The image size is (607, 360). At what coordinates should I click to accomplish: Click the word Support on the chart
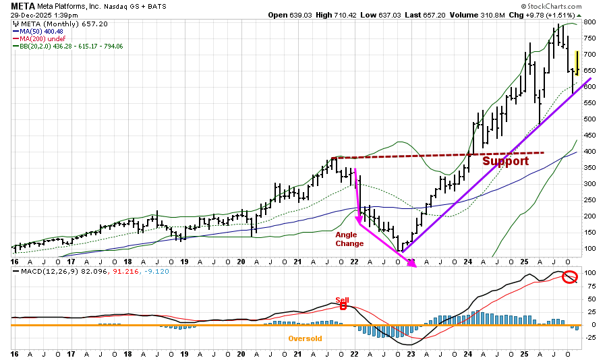click(505, 162)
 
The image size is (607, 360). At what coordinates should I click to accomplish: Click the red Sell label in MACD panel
click(343, 300)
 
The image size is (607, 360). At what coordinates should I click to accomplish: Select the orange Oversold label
click(305, 338)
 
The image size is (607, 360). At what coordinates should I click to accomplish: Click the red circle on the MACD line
click(570, 277)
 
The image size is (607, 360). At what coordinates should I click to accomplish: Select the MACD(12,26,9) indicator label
click(38, 272)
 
